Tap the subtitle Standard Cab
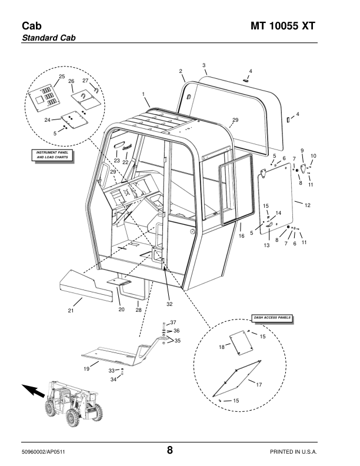[x=49, y=38]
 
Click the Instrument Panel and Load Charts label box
[x=49, y=155]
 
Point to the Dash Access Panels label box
[x=272, y=318]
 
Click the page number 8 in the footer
[x=169, y=451]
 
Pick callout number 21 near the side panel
[x=71, y=310]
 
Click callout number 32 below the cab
[x=169, y=304]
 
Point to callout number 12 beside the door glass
[x=306, y=204]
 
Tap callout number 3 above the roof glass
[x=204, y=65]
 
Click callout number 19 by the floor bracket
[x=86, y=369]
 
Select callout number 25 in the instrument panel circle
[x=62, y=77]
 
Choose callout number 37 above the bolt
[x=173, y=322]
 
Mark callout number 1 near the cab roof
[x=143, y=94]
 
